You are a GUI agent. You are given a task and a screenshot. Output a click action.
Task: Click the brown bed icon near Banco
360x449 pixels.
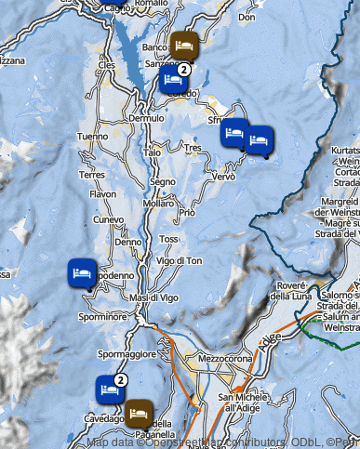pyautogui.click(x=182, y=43)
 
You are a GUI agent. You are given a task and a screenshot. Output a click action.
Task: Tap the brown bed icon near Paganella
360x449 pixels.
pyautogui.click(x=140, y=410)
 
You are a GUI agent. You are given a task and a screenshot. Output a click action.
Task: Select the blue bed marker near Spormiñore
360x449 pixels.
pyautogui.click(x=82, y=273)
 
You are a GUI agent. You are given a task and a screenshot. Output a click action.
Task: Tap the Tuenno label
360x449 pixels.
pyautogui.click(x=93, y=137)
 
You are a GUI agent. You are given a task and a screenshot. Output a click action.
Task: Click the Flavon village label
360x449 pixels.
pyautogui.click(x=102, y=194)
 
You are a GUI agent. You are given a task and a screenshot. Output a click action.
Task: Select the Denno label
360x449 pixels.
pyautogui.click(x=127, y=242)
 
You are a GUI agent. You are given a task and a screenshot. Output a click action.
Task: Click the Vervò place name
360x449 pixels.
pyautogui.click(x=223, y=177)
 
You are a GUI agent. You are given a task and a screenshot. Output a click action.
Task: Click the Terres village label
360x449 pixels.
pyautogui.click(x=92, y=175)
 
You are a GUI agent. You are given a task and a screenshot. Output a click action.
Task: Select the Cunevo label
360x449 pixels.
pyautogui.click(x=109, y=220)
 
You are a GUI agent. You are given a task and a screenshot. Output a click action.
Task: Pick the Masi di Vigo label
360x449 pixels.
pyautogui.click(x=153, y=297)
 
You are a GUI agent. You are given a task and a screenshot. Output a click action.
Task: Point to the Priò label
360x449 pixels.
pyautogui.click(x=187, y=213)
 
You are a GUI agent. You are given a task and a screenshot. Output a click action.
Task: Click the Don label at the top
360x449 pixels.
pyautogui.click(x=247, y=17)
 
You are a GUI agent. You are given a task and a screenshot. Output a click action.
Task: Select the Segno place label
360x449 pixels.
pyautogui.click(x=162, y=182)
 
